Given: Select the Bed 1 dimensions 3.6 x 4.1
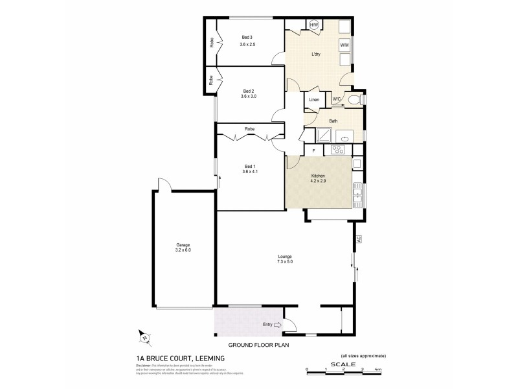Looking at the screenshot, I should (x=250, y=171).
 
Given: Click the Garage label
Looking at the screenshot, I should (x=183, y=244).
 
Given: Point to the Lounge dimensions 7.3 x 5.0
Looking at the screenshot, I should (x=284, y=261).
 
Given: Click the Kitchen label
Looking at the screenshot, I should (x=317, y=176).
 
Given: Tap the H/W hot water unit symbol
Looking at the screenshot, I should (x=314, y=25).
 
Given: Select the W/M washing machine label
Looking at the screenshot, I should (x=344, y=44).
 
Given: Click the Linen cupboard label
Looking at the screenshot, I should (x=314, y=100).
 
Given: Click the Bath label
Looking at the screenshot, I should (x=333, y=121).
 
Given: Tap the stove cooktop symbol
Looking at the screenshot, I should (x=337, y=150).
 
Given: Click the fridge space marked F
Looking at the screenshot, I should (x=313, y=150).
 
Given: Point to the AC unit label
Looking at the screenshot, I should (x=357, y=239).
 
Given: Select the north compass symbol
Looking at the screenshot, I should (x=144, y=336).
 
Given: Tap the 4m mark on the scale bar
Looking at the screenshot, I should (x=387, y=370).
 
